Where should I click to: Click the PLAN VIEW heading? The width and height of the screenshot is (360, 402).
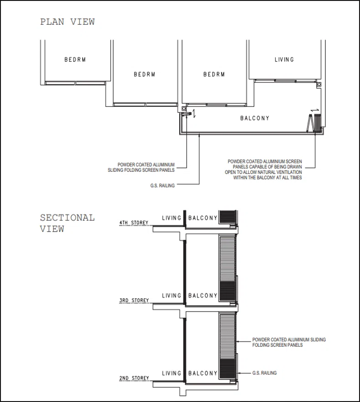pos(68,22)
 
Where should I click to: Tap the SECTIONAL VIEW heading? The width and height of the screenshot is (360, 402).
pos(68,223)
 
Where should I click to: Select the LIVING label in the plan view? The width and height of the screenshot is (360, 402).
pos(284,60)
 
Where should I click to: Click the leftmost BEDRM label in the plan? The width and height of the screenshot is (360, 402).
pos(75,60)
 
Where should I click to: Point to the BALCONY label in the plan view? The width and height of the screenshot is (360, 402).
pos(255,118)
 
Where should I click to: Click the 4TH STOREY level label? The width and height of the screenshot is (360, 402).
pos(134,222)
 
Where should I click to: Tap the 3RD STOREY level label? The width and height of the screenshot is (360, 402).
pos(134,300)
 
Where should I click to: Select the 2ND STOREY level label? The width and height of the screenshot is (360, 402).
pos(134,378)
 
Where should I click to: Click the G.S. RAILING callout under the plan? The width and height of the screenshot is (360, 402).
pos(162,185)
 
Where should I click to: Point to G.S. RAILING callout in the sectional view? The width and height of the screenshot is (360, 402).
pos(265,373)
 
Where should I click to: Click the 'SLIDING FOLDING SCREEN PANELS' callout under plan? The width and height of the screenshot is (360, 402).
pos(141,170)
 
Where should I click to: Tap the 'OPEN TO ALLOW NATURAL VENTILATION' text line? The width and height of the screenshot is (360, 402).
pos(263,172)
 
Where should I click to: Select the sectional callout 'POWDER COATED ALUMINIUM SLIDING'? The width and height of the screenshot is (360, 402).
pos(289,339)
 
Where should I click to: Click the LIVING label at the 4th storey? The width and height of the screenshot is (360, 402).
pos(172,218)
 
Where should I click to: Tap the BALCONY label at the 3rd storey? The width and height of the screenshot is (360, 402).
pos(203,296)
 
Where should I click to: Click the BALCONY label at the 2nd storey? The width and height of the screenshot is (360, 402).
pos(203,373)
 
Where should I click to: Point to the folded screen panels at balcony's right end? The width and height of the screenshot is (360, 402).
pos(314,123)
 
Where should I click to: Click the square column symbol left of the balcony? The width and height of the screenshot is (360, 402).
pos(184,109)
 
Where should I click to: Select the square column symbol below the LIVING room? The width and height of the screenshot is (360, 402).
pos(319,85)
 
